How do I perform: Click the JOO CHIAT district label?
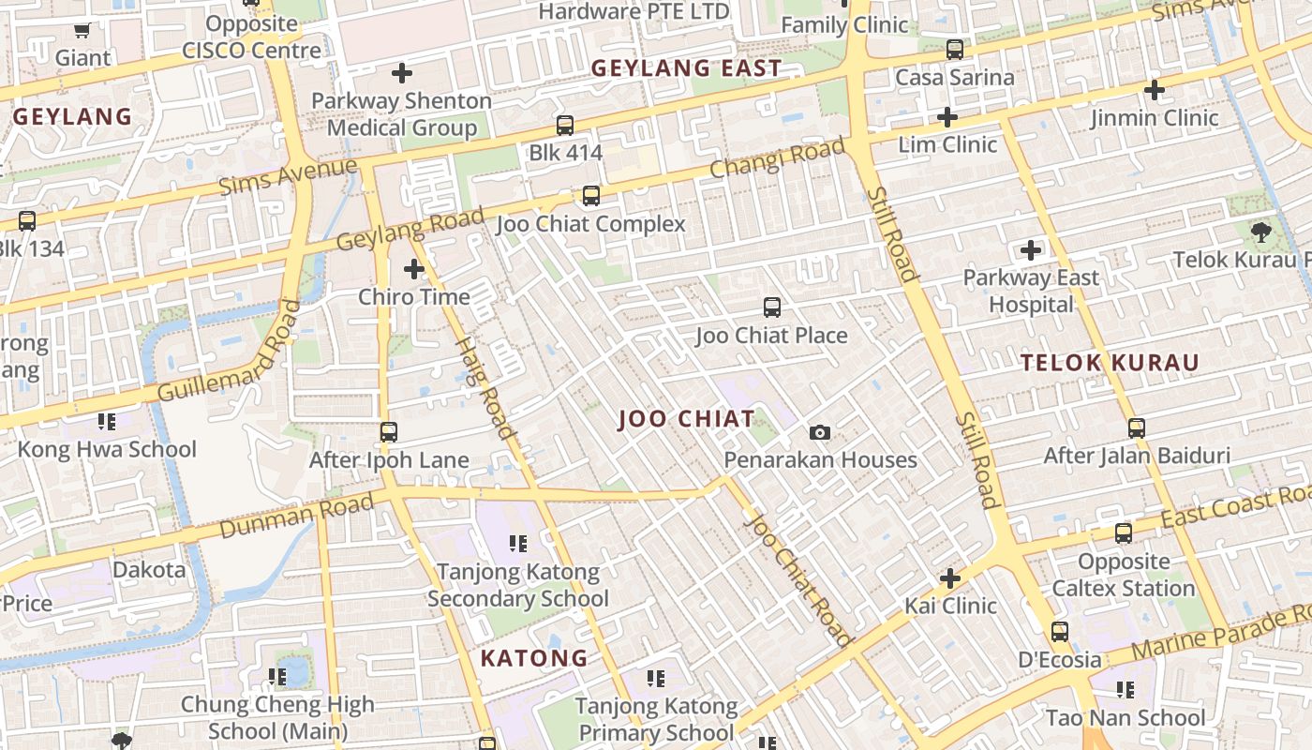686,419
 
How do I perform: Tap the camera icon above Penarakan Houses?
820,432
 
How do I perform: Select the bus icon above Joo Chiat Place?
772,307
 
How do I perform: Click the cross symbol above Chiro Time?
414,270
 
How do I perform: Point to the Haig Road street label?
485,387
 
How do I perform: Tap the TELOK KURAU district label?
1110,363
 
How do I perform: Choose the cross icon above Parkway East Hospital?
1031,250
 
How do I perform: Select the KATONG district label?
534,658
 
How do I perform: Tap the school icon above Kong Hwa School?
107,422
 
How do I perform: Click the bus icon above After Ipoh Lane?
389,432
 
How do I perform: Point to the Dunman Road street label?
296,516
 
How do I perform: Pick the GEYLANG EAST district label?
686,67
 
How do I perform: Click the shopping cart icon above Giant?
82,31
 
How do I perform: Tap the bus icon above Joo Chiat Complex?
590,196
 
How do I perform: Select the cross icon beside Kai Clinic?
950,578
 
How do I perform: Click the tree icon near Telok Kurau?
1260,232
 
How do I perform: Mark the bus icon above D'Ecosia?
1060,632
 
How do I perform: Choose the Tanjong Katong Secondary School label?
518,585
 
